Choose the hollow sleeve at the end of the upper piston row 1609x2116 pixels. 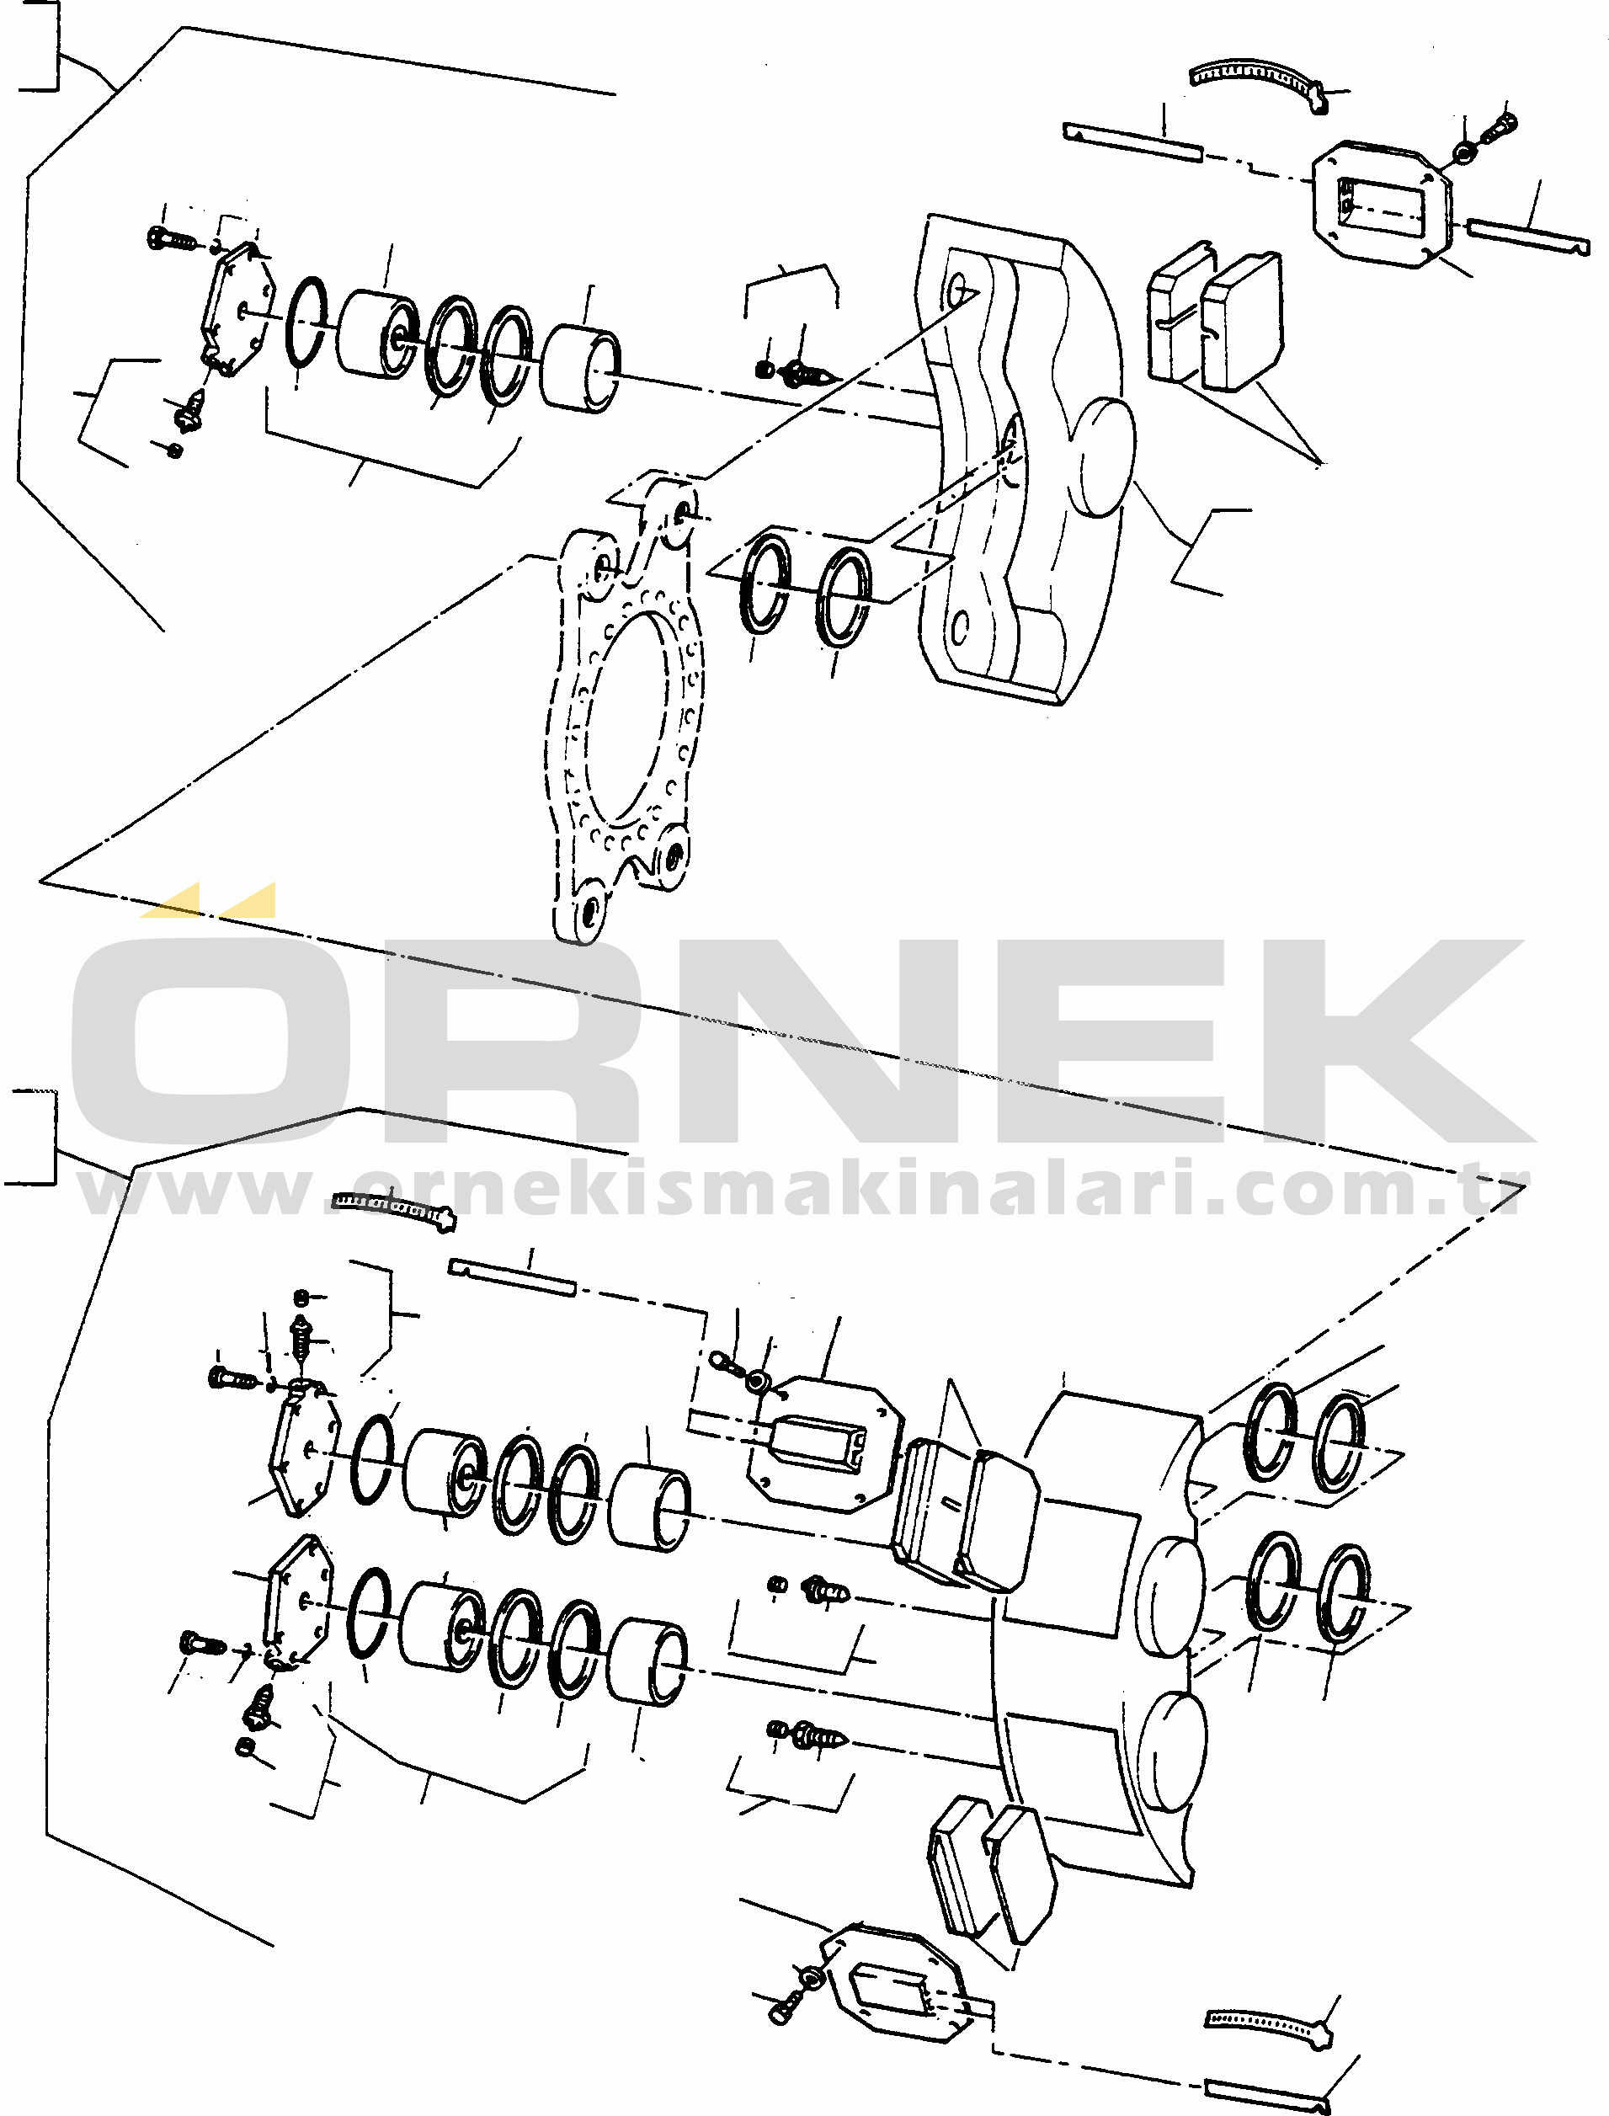click(579, 369)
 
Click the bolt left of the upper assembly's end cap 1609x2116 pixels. click(170, 237)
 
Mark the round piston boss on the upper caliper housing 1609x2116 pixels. click(1106, 457)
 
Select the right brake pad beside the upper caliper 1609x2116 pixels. click(1241, 321)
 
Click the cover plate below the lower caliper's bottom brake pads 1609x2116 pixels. click(891, 1983)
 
